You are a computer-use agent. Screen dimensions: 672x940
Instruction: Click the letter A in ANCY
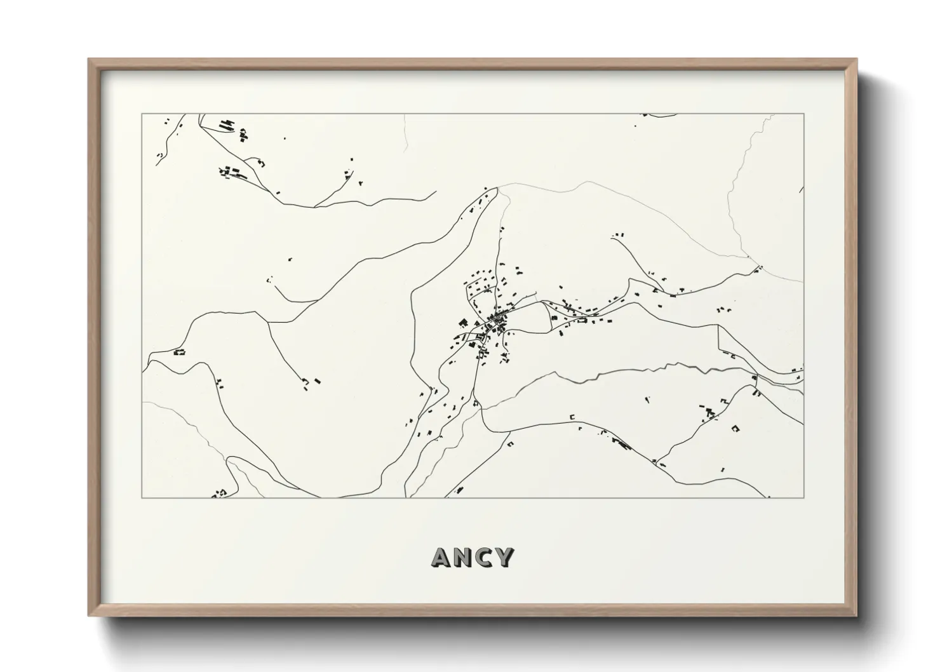click(443, 557)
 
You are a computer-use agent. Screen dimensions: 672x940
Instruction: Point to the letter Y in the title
click(504, 557)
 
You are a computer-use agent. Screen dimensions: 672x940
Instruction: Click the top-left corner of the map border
click(142, 114)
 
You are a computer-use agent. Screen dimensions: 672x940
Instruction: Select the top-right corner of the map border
click(804, 114)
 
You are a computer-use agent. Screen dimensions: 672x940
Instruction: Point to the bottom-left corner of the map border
click(142, 498)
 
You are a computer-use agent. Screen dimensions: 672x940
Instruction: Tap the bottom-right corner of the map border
click(804, 498)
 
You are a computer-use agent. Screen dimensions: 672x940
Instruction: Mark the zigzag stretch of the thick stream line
click(591, 378)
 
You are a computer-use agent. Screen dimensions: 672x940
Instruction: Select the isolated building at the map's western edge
click(179, 351)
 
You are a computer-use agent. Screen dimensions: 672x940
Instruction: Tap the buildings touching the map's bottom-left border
click(221, 493)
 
